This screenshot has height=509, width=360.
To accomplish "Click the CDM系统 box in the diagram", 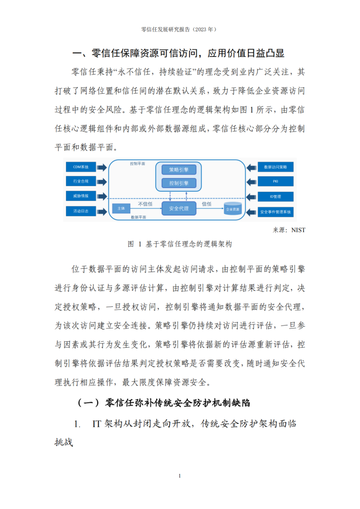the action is click(x=81, y=167).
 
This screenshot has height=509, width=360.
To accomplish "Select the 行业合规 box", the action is click(x=81, y=181).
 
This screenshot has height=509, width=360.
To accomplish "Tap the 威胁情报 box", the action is click(x=81, y=196).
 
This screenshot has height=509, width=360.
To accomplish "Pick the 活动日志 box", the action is click(x=81, y=211).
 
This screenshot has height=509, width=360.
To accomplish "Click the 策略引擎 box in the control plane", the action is click(x=179, y=169).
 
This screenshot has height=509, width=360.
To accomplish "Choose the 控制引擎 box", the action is click(x=179, y=183).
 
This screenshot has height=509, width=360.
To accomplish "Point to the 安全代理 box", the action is click(x=179, y=208).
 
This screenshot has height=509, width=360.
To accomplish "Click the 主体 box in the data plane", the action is click(x=121, y=208).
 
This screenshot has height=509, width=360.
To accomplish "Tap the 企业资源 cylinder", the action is click(x=233, y=209).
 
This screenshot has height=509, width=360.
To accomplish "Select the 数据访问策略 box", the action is click(x=276, y=167).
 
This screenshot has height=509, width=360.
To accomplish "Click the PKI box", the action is click(x=276, y=181).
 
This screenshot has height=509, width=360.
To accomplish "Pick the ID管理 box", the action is click(x=276, y=196).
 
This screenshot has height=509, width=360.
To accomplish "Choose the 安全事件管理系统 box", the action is click(x=276, y=212).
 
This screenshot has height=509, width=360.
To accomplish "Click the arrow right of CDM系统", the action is click(x=102, y=167).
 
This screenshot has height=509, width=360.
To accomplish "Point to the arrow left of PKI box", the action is click(x=251, y=182).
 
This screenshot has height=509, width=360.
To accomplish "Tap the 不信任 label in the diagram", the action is click(x=145, y=204).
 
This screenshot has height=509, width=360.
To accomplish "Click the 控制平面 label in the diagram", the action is click(x=137, y=164).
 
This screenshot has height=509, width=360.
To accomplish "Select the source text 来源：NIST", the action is click(x=289, y=230).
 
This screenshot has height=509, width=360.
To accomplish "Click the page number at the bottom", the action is click(x=180, y=476).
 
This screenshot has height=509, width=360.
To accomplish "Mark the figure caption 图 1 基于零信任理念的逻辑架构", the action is click(x=180, y=244).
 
